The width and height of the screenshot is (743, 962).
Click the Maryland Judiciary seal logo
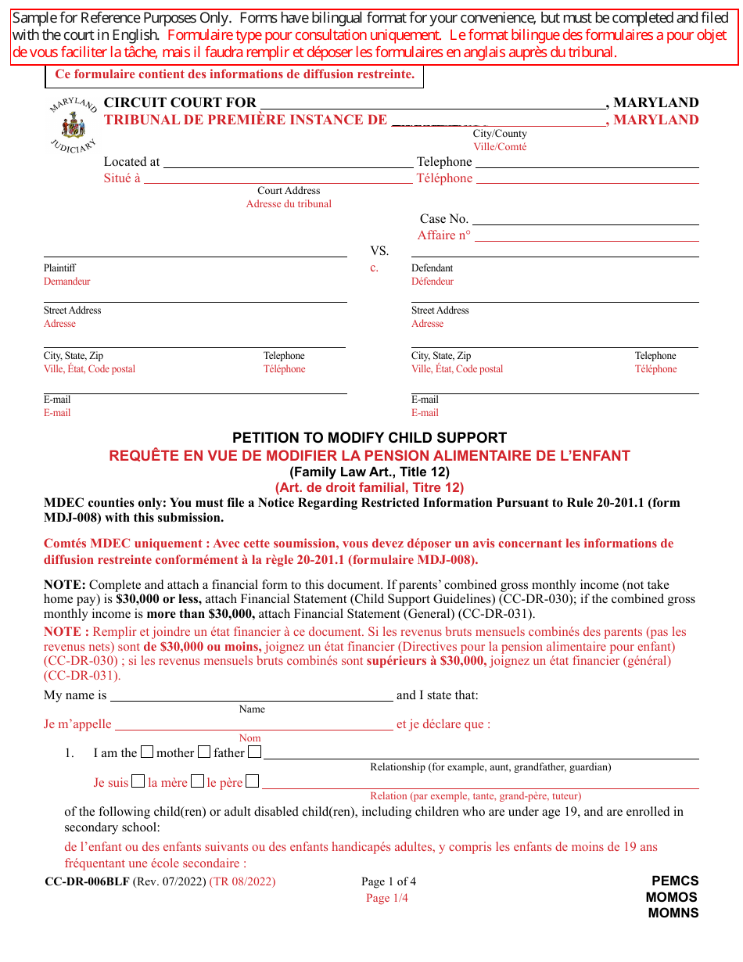point(73,126)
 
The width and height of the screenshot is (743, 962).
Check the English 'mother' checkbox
point(147,752)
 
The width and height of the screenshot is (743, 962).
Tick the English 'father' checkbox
point(204,752)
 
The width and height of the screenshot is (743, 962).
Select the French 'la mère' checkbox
point(138,781)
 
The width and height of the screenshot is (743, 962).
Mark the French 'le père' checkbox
point(198,781)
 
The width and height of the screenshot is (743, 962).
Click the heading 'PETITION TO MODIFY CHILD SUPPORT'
point(369,438)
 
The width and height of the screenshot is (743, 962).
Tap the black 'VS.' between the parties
point(379,251)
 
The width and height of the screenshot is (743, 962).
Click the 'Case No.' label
point(444,219)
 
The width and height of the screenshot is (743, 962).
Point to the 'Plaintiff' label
point(59,268)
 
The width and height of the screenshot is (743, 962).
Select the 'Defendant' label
point(433,268)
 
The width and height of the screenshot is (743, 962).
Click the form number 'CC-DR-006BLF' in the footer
point(87,881)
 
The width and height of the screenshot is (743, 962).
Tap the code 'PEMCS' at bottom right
point(675,881)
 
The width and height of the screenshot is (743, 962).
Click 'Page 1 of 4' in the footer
point(389,882)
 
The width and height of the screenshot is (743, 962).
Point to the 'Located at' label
point(131,162)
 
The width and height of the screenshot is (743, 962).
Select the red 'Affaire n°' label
point(444,235)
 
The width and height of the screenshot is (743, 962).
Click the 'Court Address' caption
point(289,191)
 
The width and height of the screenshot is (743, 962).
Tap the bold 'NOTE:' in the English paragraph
point(65,585)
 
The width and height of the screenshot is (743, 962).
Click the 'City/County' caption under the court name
point(500,134)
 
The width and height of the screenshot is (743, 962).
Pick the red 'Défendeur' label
point(433,282)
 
